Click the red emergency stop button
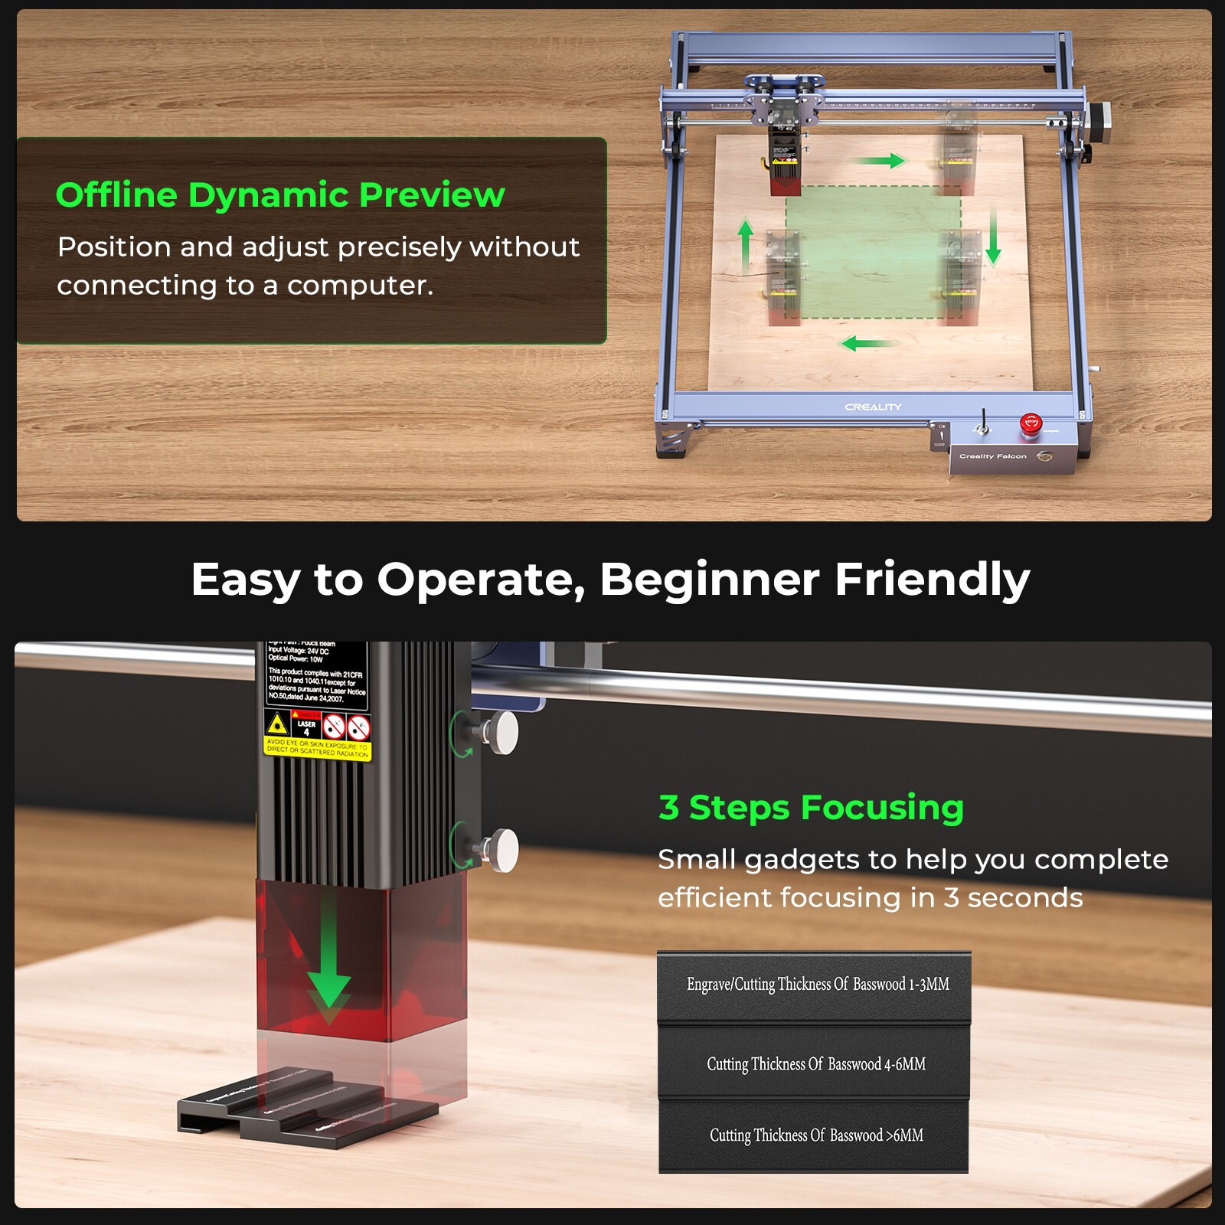pos(1031,424)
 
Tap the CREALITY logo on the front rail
pos(873,407)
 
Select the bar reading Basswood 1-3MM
pos(815,985)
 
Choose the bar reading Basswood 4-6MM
pos(815,1064)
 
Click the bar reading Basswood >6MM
pos(815,1135)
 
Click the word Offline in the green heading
pos(117,194)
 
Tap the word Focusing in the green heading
pos(882,808)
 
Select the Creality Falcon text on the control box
pos(992,456)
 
